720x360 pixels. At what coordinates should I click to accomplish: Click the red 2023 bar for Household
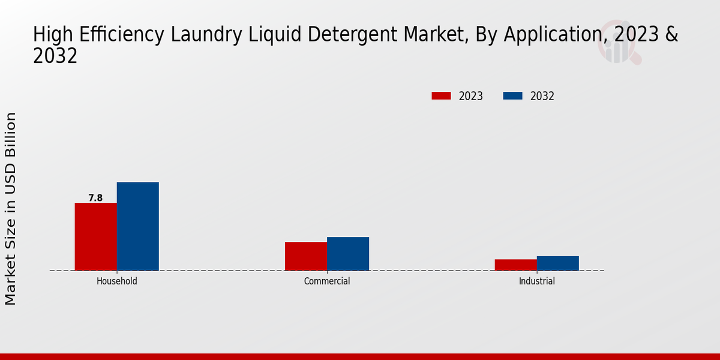[96, 236]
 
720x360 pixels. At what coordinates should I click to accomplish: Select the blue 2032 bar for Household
[138, 226]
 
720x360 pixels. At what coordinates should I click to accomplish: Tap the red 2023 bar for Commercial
[306, 256]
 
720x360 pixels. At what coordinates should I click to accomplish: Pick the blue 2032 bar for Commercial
[348, 254]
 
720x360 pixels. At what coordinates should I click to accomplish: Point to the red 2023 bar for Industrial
[516, 265]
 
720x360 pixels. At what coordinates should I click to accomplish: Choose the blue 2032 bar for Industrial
[558, 263]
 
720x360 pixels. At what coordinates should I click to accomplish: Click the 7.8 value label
[95, 198]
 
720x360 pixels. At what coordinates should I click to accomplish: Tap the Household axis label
[117, 281]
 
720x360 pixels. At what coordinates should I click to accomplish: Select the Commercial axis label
[327, 281]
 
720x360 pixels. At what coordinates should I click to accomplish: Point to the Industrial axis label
[537, 281]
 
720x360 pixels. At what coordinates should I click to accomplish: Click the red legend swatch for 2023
[441, 96]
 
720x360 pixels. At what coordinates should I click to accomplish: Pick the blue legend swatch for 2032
[512, 96]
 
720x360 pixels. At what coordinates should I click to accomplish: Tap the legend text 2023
[471, 96]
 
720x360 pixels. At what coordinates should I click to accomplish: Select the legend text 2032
[542, 96]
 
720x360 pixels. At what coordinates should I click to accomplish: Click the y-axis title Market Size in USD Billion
[11, 208]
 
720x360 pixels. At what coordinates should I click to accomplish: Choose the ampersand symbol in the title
[671, 35]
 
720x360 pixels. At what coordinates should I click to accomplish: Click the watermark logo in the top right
[618, 42]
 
